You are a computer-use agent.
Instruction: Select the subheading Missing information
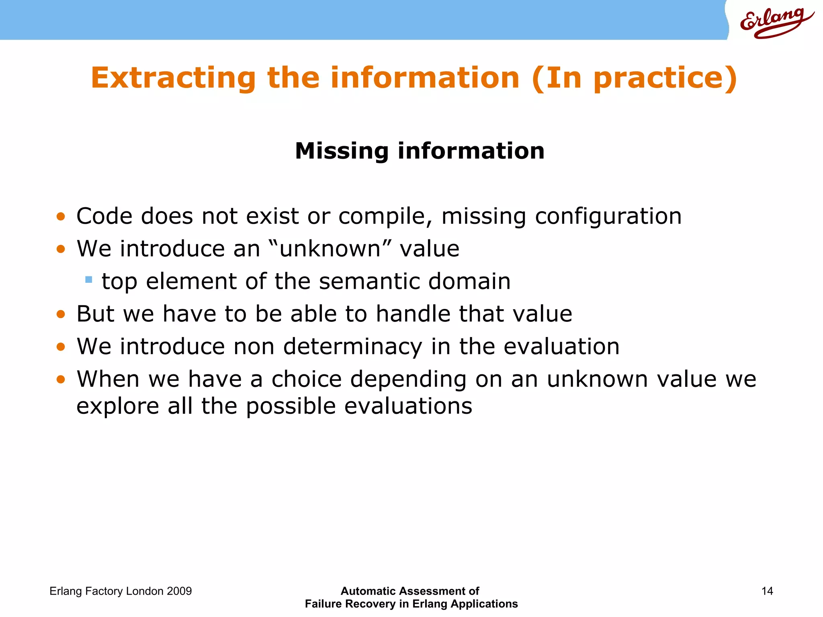(x=420, y=151)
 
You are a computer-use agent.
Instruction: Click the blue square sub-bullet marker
(x=89, y=279)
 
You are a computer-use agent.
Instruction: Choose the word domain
(x=469, y=281)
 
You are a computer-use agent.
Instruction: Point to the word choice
(x=306, y=379)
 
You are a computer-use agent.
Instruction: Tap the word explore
(x=118, y=407)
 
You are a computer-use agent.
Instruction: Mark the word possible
(x=291, y=407)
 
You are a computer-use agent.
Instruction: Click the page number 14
(x=767, y=591)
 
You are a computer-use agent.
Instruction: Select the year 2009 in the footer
(x=179, y=591)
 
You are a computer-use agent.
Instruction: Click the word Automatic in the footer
(x=367, y=591)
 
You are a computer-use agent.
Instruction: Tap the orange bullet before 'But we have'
(x=61, y=314)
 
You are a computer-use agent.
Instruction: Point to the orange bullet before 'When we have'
(x=61, y=379)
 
